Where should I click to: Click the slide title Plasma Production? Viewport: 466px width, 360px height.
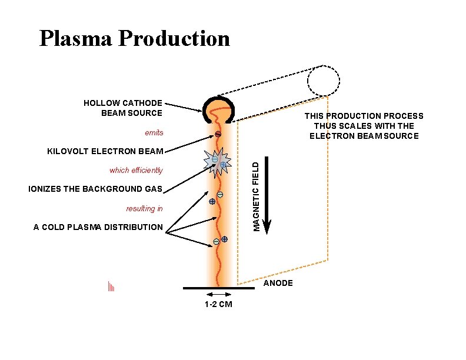(x=134, y=39)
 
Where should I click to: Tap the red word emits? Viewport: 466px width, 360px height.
(x=154, y=132)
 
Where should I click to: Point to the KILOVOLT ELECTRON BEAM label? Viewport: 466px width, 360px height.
(x=105, y=151)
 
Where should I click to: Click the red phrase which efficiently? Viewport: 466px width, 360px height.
(x=136, y=171)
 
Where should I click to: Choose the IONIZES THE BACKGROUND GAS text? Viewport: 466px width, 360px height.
(x=95, y=189)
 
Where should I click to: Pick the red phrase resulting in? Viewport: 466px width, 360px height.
(x=144, y=208)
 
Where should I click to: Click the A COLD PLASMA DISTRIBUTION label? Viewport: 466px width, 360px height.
(x=98, y=227)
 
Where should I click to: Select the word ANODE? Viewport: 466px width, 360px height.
(x=278, y=284)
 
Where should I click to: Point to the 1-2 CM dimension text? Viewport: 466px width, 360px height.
(x=218, y=304)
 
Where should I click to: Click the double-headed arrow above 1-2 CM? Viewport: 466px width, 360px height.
(x=218, y=294)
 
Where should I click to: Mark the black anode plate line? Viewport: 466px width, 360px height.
(x=218, y=288)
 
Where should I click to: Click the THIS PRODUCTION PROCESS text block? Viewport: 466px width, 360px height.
(x=364, y=126)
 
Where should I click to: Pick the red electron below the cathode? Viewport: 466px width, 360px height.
(x=217, y=135)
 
